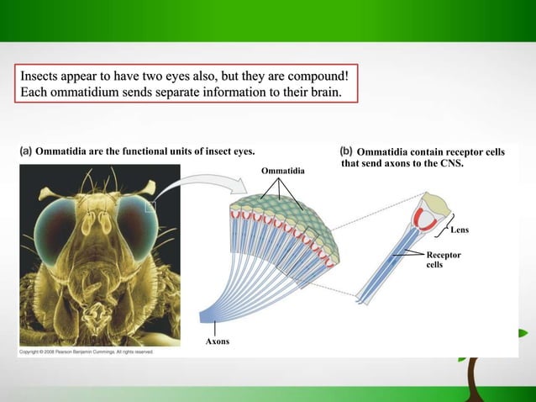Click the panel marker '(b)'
346,151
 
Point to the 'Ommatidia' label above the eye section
283,172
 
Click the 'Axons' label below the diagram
218,341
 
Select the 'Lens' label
460,230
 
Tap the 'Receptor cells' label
443,259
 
